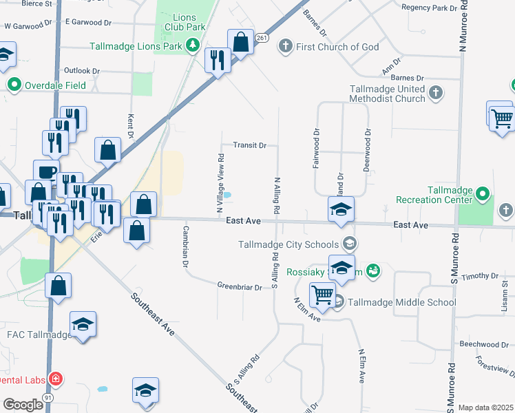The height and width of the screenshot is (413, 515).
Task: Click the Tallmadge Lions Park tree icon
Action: [194, 47]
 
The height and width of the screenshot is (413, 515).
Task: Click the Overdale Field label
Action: [56, 85]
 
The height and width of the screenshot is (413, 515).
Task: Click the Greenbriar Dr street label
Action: [240, 286]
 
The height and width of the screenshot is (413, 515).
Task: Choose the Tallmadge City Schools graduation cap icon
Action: [350, 244]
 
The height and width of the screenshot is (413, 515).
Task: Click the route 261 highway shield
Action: [260, 39]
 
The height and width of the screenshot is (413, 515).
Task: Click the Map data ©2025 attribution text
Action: [486, 407]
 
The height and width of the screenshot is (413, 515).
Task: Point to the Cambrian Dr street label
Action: [185, 245]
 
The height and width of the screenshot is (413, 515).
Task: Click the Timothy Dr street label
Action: [479, 276]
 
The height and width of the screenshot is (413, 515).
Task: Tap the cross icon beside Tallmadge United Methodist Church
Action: [435, 94]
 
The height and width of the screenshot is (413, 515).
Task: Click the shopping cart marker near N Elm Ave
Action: [322, 295]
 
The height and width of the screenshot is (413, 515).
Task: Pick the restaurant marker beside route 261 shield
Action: [217, 61]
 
